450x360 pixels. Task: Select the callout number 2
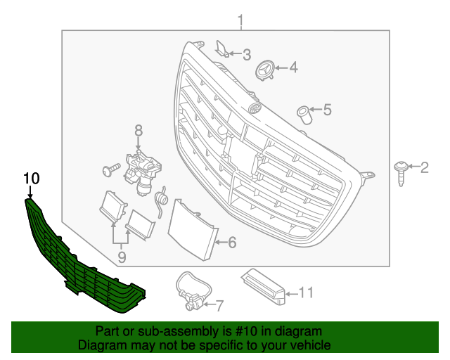tap(424, 167)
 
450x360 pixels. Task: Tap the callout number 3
tap(246, 53)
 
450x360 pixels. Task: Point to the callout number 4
tap(293, 67)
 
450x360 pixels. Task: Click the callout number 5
tap(327, 109)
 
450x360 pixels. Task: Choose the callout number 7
tap(218, 305)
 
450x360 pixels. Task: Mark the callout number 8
tap(139, 130)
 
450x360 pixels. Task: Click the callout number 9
tap(122, 257)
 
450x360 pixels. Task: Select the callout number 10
tap(30, 178)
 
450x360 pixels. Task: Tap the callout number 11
tap(305, 292)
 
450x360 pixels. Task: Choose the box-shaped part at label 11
tap(265, 286)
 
